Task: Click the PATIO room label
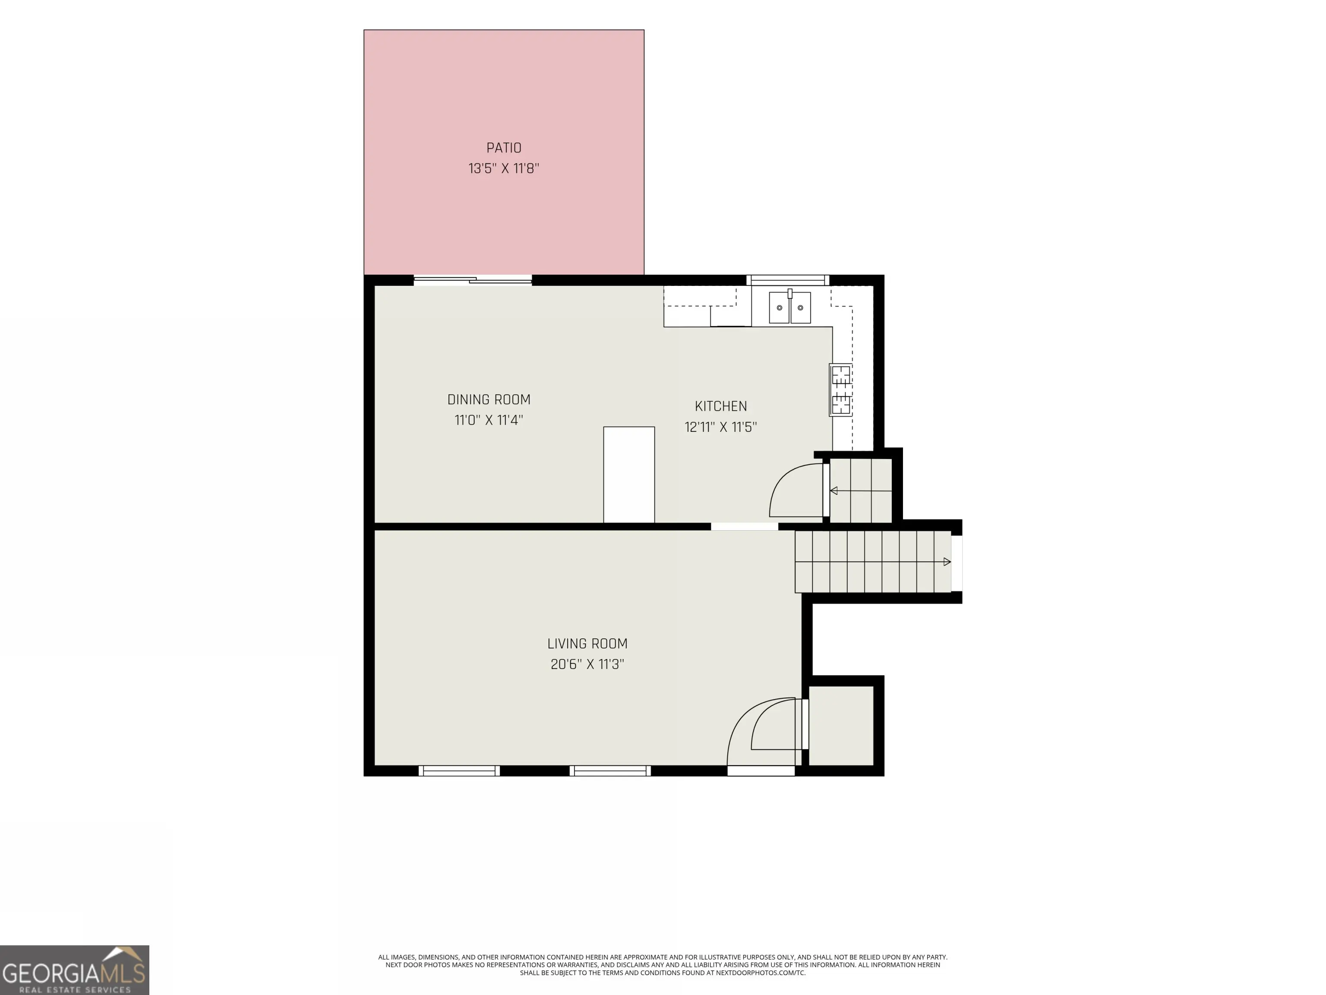pos(504,148)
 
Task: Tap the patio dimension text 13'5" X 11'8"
pos(504,168)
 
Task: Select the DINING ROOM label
pos(489,399)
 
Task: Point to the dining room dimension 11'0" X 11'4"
pos(489,420)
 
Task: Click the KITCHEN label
pos(720,406)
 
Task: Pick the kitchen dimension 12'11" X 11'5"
pos(720,427)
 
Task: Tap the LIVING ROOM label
pos(587,643)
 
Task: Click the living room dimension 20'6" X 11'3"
pos(587,664)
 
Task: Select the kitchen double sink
pos(789,307)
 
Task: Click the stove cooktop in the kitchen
pos(840,390)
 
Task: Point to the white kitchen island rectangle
pos(629,475)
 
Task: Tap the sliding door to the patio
pos(472,279)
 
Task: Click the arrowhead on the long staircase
pos(947,562)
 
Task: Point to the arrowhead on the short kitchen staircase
pos(833,491)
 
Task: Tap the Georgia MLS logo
pos(74,970)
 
